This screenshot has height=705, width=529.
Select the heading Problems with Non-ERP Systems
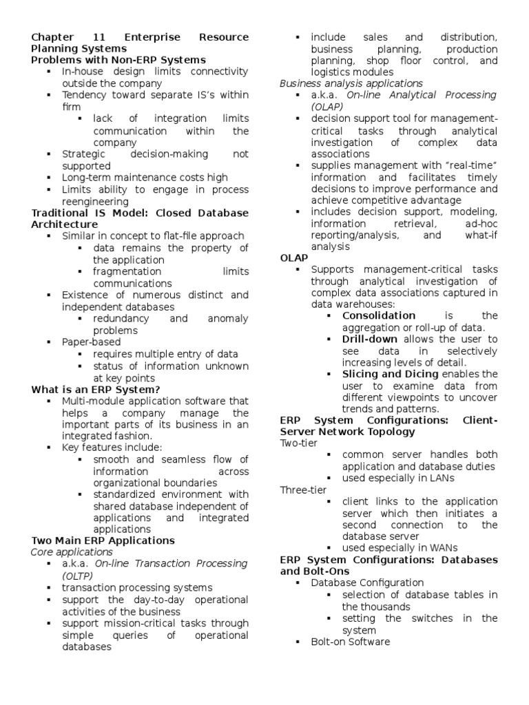118,60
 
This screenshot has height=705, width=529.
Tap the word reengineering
95,201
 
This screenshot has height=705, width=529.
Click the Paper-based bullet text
91,341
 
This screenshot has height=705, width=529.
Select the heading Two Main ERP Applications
103,540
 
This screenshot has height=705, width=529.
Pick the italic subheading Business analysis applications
351,83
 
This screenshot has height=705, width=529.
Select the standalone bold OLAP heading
294,258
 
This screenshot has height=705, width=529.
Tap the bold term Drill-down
371,339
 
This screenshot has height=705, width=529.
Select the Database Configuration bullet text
367,583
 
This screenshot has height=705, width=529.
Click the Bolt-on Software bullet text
350,642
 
